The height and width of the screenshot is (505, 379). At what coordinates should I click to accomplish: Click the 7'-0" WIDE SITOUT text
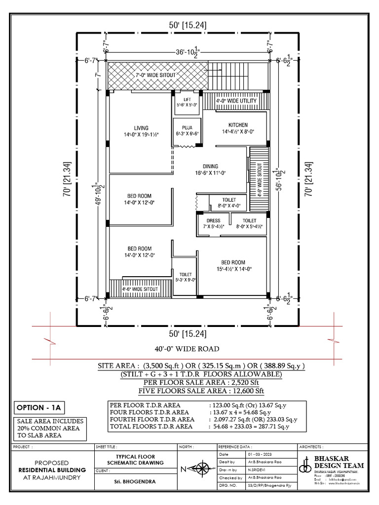point(155,75)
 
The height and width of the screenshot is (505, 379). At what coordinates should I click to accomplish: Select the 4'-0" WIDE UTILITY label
point(236,101)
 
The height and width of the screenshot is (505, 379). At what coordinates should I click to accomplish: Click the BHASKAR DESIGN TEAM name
point(339,462)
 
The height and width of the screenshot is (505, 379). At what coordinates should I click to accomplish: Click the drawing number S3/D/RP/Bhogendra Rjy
point(268,486)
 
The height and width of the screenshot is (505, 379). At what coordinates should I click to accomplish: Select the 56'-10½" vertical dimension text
point(279,180)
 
